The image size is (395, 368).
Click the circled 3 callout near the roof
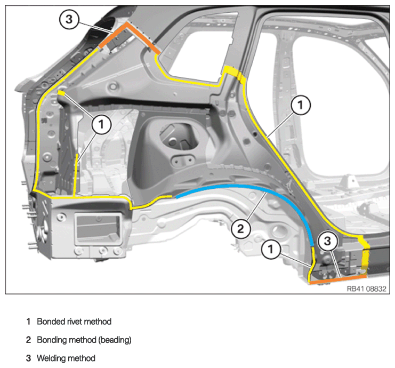pyautogui.click(x=69, y=19)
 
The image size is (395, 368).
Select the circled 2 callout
pyautogui.click(x=240, y=229)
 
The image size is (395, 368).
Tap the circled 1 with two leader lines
pyautogui.click(x=101, y=124)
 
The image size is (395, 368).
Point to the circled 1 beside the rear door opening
pyautogui.click(x=300, y=105)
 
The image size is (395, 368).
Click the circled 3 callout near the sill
pyautogui.click(x=327, y=241)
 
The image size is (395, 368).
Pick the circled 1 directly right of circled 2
pyautogui.click(x=271, y=249)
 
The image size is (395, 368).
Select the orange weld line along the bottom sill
pyautogui.click(x=338, y=279)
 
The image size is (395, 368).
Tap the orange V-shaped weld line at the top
pyautogui.click(x=126, y=25)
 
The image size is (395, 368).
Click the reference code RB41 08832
pyautogui.click(x=366, y=289)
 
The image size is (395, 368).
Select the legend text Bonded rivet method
pyautogui.click(x=74, y=322)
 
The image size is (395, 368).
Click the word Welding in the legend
pyautogui.click(x=52, y=358)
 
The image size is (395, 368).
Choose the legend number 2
pyautogui.click(x=28, y=340)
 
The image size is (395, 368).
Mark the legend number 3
pyautogui.click(x=28, y=358)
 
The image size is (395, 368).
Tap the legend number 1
pyautogui.click(x=28, y=322)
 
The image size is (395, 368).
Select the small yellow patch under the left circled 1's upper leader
pyautogui.click(x=61, y=93)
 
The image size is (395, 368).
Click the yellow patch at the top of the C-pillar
pyautogui.click(x=234, y=74)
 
